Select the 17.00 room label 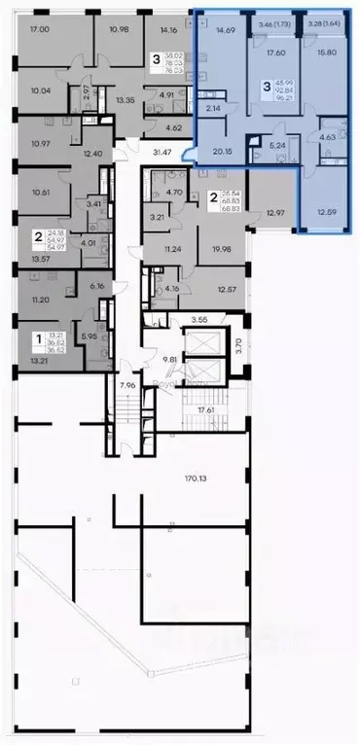(40, 30)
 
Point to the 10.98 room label (120, 30)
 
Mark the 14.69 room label (226, 30)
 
